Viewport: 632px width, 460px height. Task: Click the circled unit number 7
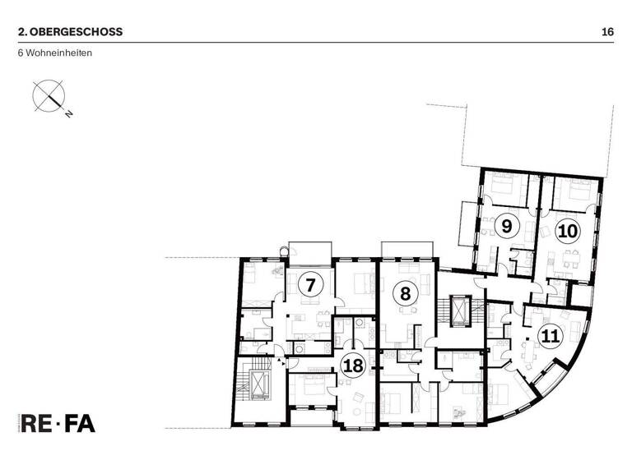tap(310, 286)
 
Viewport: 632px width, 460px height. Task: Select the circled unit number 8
tap(404, 293)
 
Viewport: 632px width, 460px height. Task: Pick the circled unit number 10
tap(567, 231)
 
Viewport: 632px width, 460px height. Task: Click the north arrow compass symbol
tap(47, 94)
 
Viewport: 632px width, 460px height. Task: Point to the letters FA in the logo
tap(81, 424)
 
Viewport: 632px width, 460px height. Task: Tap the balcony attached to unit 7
tap(310, 250)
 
